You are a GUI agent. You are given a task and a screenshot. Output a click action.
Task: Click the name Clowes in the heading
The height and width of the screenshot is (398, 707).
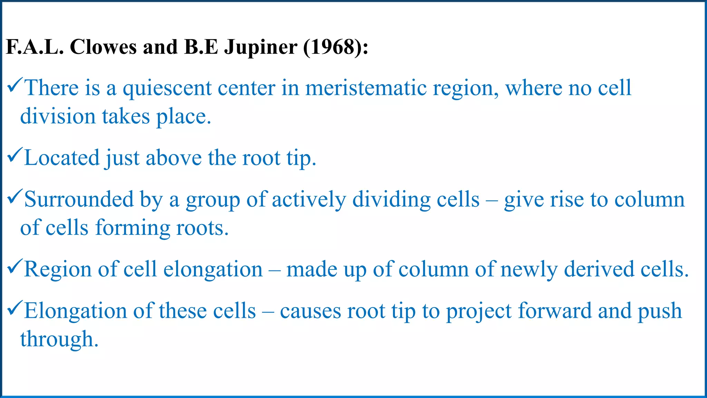tap(103, 47)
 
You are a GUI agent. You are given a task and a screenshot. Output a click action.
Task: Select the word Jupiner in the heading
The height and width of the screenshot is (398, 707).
tap(261, 48)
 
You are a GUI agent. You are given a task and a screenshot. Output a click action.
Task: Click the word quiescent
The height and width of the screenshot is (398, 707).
tap(167, 88)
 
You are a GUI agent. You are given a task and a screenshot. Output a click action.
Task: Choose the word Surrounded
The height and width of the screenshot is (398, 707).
tap(79, 200)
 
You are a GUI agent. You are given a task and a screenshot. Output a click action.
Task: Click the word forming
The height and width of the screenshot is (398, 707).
tap(133, 228)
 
